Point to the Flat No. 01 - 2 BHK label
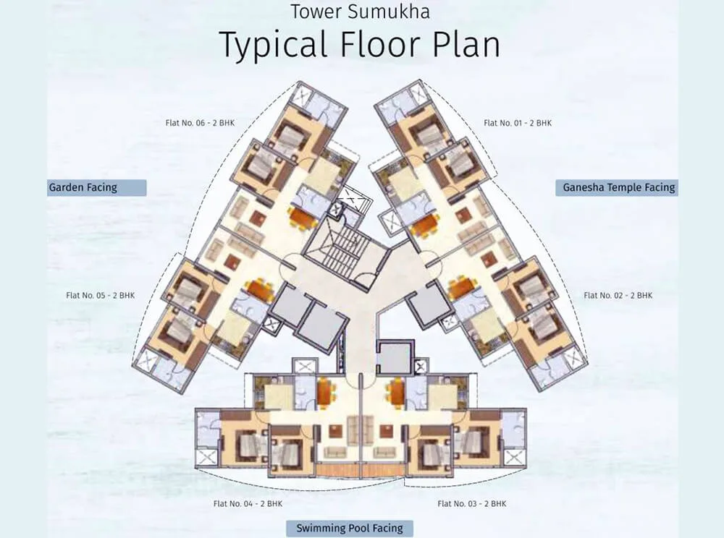tap(517, 123)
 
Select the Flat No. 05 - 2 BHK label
tap(100, 295)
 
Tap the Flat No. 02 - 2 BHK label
tap(618, 295)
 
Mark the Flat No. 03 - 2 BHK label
tap(471, 503)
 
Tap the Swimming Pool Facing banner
tap(349, 528)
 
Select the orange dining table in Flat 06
tap(302, 216)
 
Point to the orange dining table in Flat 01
tap(424, 225)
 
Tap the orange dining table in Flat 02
tap(460, 288)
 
